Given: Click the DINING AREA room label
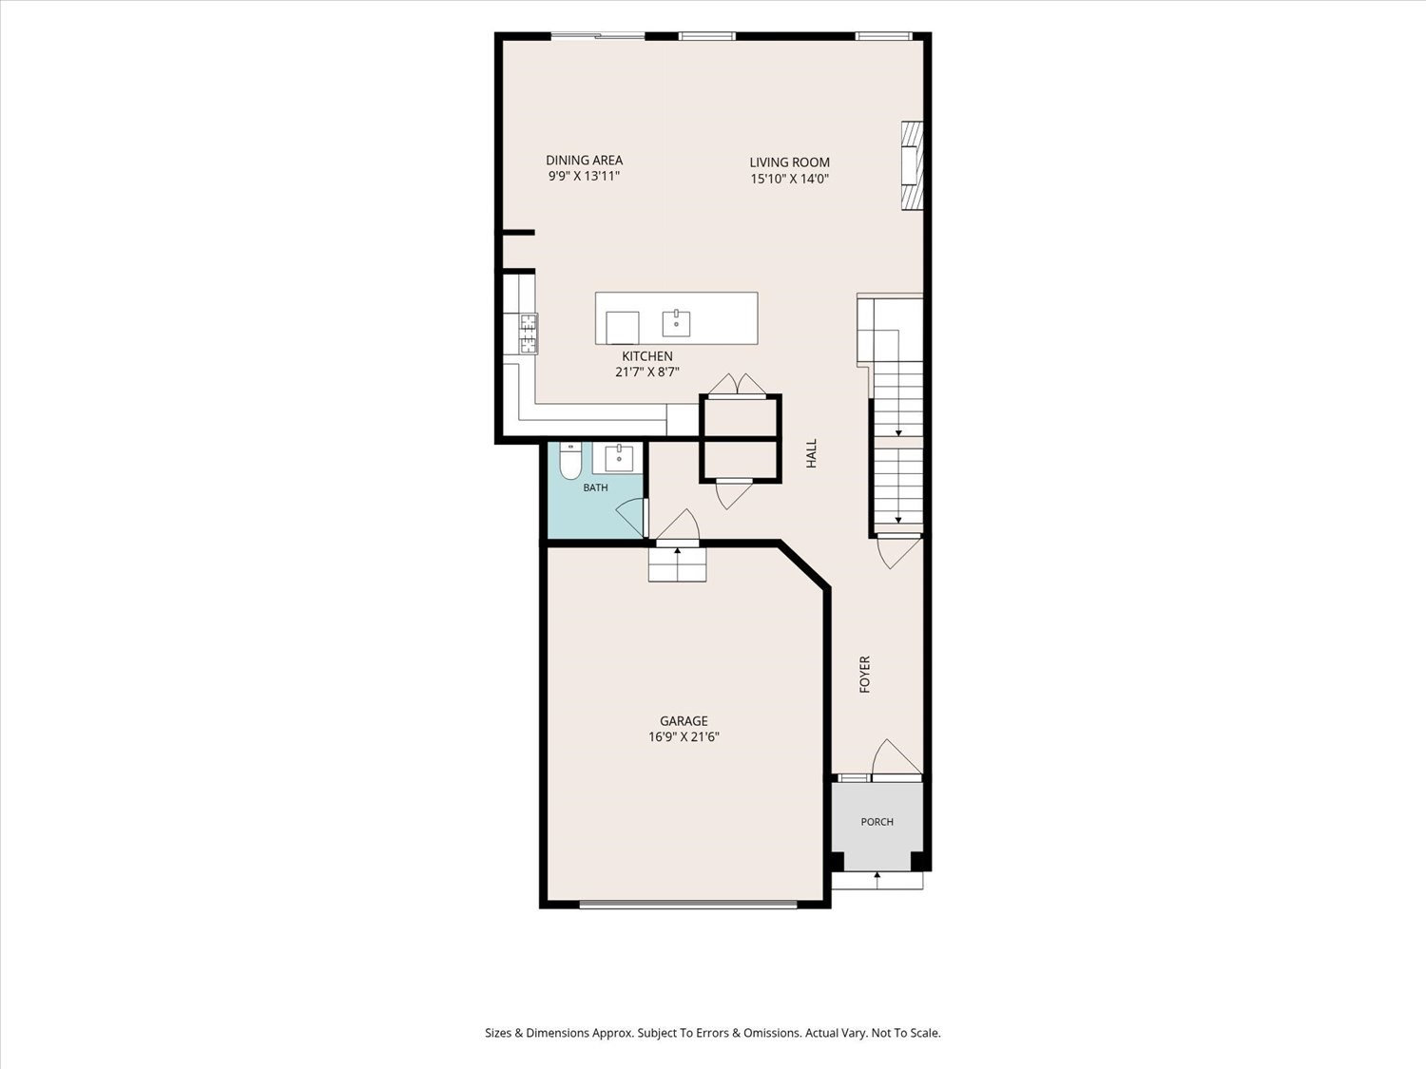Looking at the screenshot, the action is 584,160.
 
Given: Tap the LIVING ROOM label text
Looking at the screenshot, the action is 789,162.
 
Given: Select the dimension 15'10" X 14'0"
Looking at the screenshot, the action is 789,179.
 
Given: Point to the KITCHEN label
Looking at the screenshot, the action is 647,355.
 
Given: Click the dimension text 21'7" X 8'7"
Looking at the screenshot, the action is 647,372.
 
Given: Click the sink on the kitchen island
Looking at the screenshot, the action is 676,323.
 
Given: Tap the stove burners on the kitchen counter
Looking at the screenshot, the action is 529,333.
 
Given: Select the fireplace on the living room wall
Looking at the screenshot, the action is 912,174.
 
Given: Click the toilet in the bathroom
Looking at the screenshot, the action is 569,460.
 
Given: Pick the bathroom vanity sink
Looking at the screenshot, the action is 619,458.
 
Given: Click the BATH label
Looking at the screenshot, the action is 595,487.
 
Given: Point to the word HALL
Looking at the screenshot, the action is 812,453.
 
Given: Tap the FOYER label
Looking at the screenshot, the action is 865,675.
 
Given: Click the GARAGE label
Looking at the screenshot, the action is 684,720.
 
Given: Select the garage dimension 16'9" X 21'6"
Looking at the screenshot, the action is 684,736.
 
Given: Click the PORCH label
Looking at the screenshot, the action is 877,822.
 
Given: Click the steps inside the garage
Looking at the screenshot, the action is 677,564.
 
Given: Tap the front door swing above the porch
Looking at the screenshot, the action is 896,757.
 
